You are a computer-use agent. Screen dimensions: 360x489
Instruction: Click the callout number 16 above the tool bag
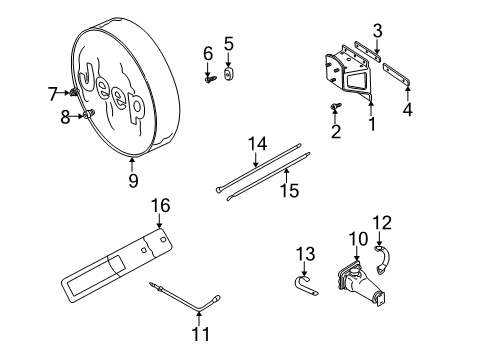pyautogui.click(x=159, y=206)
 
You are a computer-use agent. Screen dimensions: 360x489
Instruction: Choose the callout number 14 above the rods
pyautogui.click(x=257, y=144)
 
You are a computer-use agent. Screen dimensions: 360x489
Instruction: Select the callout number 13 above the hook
pyautogui.click(x=307, y=250)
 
